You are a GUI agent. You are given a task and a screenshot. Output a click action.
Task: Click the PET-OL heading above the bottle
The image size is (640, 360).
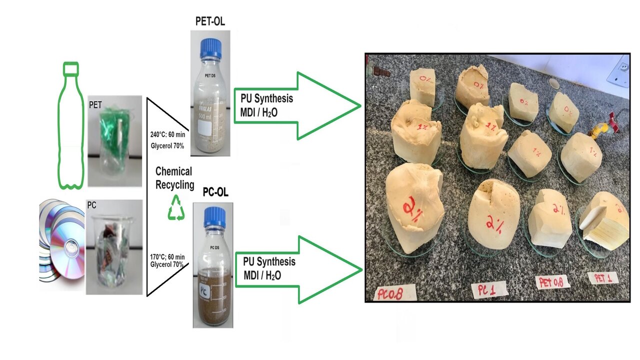pos(209,22)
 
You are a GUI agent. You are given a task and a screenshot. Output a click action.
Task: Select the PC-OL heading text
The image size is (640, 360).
pos(215,192)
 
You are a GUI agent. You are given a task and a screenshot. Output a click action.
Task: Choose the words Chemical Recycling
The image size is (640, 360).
pos(174,178)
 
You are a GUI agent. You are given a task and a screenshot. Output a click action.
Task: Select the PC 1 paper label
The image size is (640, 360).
pos(490,288)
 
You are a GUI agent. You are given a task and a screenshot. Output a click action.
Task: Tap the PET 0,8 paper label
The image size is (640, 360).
pos(552,282)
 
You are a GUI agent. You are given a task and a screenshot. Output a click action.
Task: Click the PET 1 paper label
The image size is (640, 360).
pos(603,278)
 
